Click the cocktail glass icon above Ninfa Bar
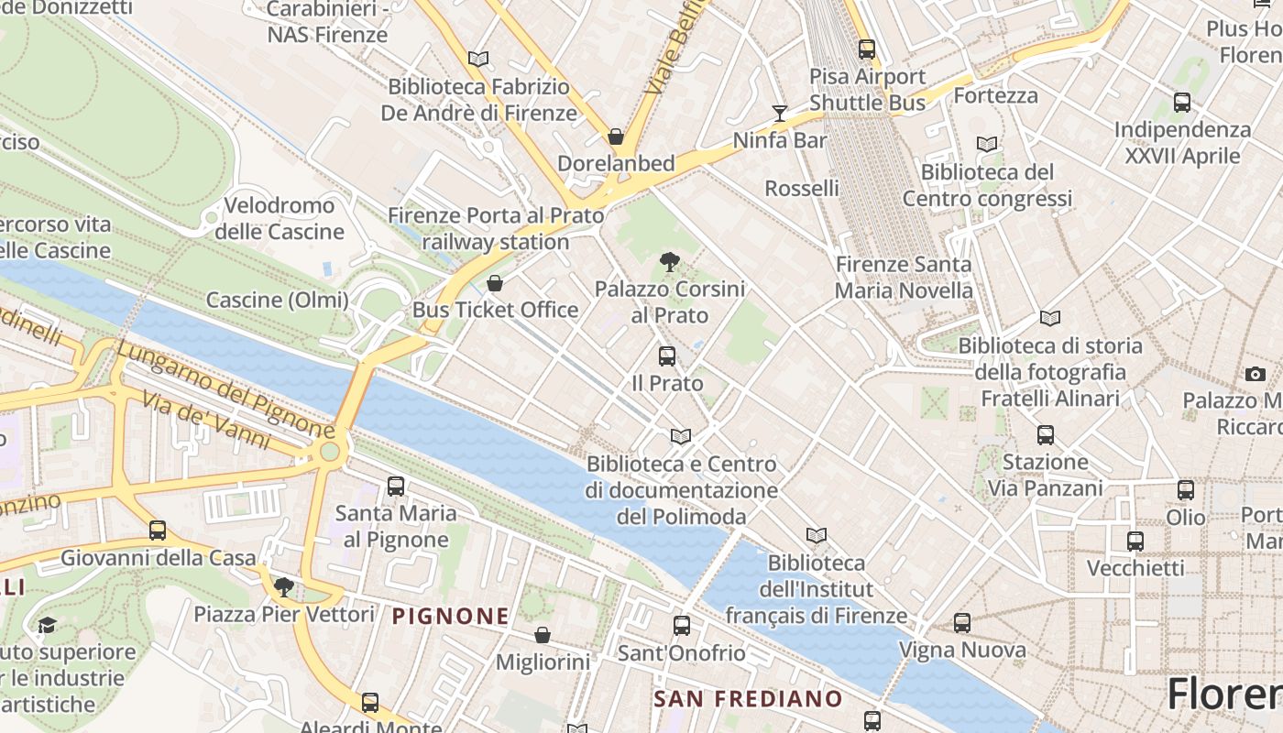pyautogui.click(x=780, y=114)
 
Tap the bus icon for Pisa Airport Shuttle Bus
pyautogui.click(x=867, y=49)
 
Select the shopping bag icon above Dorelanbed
pyautogui.click(x=616, y=137)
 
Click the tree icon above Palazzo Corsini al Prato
pyautogui.click(x=670, y=262)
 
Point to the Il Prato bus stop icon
pyautogui.click(x=667, y=356)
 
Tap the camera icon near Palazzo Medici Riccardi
pyautogui.click(x=1256, y=374)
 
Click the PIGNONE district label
pyautogui.click(x=450, y=617)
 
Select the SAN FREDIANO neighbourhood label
pyautogui.click(x=747, y=699)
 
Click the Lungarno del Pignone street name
pyautogui.click(x=225, y=389)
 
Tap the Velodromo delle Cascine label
pyautogui.click(x=280, y=218)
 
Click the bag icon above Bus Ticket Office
pyautogui.click(x=495, y=283)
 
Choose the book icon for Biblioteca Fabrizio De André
pyautogui.click(x=478, y=59)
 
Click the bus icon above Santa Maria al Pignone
pyautogui.click(x=396, y=487)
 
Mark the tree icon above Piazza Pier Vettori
pyautogui.click(x=284, y=587)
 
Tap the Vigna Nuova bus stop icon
pyautogui.click(x=962, y=623)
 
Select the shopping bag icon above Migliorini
pyautogui.click(x=543, y=635)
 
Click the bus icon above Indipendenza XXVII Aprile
pyautogui.click(x=1182, y=103)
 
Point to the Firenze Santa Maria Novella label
pyautogui.click(x=904, y=278)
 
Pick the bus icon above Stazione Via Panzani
pyautogui.click(x=1046, y=435)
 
